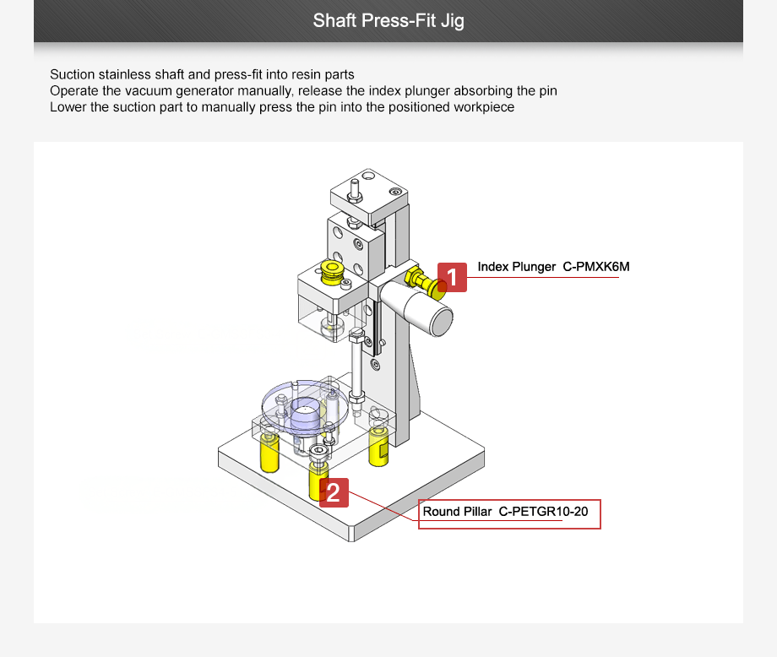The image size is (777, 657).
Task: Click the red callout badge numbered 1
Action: click(x=452, y=277)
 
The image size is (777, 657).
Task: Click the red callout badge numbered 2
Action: click(x=334, y=492)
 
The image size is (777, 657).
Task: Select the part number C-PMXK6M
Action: click(x=596, y=267)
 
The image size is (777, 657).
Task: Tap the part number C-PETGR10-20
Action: click(x=543, y=512)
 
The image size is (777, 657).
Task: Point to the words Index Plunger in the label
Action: click(x=516, y=267)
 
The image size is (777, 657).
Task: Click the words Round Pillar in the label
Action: click(x=457, y=512)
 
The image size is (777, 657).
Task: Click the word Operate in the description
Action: click(x=73, y=90)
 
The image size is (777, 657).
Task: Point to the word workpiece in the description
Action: click(x=484, y=107)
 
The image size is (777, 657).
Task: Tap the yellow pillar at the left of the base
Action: click(x=269, y=453)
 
